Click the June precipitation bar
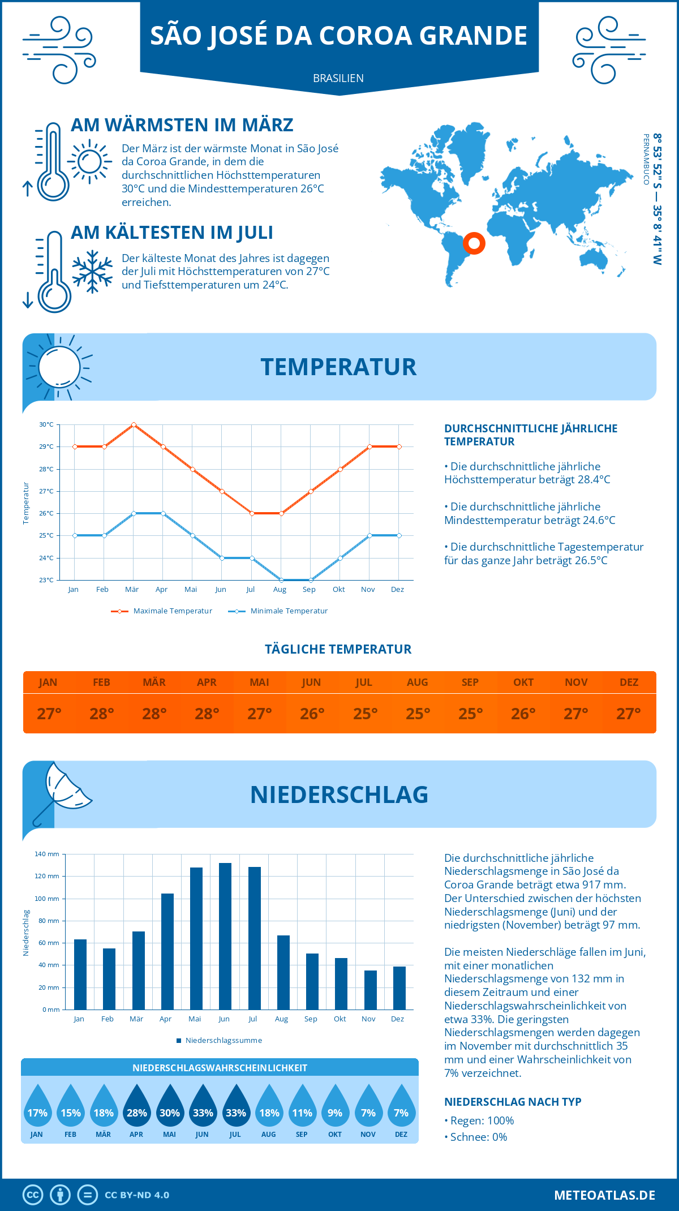[x=225, y=936]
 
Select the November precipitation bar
[x=371, y=990]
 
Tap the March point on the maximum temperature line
[x=134, y=424]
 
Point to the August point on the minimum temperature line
[x=281, y=580]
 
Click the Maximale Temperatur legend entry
[x=162, y=611]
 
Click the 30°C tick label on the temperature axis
[x=46, y=424]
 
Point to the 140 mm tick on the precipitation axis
[x=48, y=854]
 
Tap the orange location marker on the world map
[x=474, y=243]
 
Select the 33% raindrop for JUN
[x=203, y=1106]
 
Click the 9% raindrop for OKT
[x=335, y=1106]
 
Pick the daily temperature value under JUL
[x=365, y=714]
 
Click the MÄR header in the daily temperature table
[x=154, y=682]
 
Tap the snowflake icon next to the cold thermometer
[x=92, y=272]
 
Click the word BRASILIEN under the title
[x=338, y=78]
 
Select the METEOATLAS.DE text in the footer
[x=604, y=1195]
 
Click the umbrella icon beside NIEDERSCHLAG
[x=61, y=792]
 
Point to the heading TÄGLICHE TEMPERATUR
[x=338, y=649]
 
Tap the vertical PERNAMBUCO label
[x=646, y=160]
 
